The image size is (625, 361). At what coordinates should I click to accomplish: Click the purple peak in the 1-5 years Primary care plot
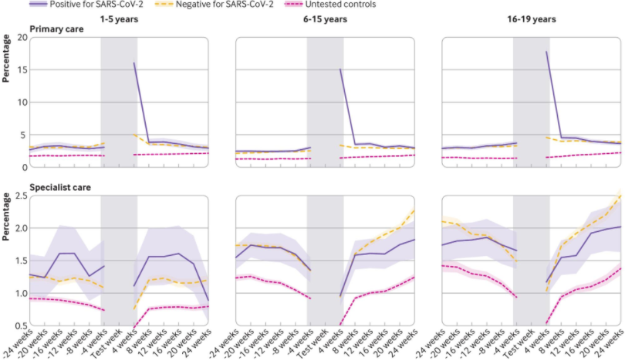tap(134, 63)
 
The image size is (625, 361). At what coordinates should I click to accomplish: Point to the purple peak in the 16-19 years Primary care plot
tap(547, 53)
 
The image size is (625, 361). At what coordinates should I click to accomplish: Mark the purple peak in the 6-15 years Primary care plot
tap(340, 70)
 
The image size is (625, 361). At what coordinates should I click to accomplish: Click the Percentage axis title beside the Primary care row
tap(6, 81)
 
